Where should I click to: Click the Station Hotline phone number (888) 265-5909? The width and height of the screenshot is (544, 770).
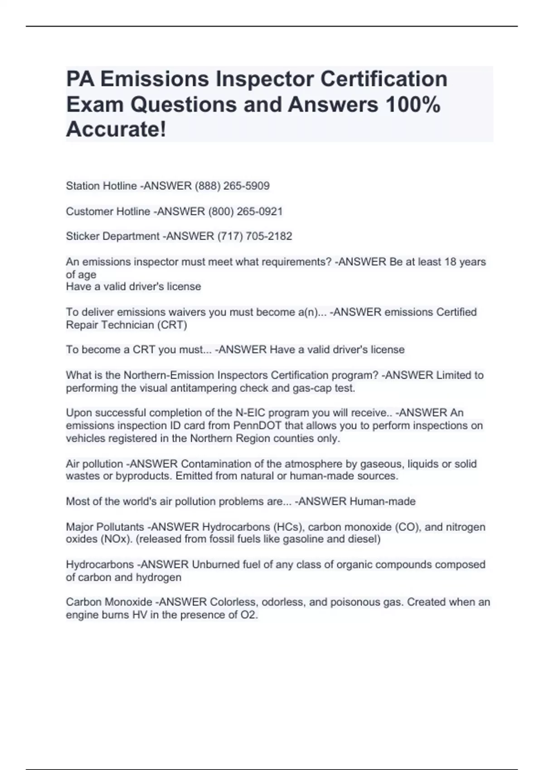[232, 186]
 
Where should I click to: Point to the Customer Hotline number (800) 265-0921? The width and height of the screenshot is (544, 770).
[245, 212]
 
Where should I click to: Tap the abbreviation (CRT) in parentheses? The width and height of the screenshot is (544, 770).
[172, 325]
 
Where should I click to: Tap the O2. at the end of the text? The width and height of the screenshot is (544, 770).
[249, 615]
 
